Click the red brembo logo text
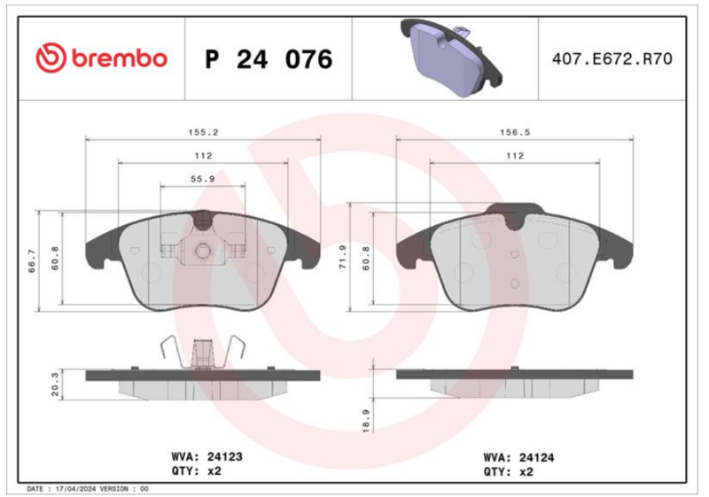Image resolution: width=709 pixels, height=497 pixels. coord(120,58)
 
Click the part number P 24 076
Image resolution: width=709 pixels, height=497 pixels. coord(269,59)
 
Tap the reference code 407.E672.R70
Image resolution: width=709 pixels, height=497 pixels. coord(612,58)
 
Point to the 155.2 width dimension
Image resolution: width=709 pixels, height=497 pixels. coord(203,132)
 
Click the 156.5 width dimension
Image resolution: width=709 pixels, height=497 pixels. coord(515,132)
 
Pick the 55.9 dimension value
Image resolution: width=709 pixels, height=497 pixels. coord(203,179)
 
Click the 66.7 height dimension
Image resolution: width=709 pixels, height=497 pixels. coord(32,260)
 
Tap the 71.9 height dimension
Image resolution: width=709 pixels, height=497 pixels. coord(343,257)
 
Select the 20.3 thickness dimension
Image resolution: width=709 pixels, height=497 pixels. coord(55,384)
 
